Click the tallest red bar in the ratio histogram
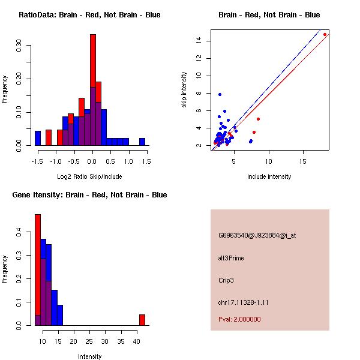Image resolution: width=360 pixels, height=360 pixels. click(x=93, y=60)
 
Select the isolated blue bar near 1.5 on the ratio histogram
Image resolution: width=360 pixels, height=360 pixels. click(x=142, y=142)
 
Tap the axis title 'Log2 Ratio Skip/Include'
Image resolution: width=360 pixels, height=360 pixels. click(x=89, y=176)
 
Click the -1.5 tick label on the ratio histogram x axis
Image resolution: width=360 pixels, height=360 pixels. click(x=37, y=161)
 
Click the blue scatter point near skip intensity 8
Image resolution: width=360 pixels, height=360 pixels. click(x=220, y=94)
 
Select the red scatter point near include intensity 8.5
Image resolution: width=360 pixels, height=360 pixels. click(x=258, y=119)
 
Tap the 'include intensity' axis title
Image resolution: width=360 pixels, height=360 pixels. click(x=269, y=176)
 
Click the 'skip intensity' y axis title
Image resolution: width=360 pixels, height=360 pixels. click(x=185, y=90)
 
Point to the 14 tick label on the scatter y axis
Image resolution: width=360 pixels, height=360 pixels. click(x=199, y=41)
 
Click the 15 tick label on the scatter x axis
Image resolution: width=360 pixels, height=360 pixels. click(x=304, y=161)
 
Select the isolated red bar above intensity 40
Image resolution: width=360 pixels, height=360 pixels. click(x=142, y=320)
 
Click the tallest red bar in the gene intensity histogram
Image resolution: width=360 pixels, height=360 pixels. click(x=37, y=269)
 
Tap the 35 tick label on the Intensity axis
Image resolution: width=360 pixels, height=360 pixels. click(x=121, y=341)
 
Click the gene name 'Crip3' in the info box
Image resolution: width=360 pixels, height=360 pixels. click(x=227, y=280)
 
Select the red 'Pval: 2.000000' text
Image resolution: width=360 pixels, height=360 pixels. click(x=239, y=319)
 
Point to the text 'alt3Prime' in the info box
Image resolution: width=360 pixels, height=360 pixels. click(x=231, y=258)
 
